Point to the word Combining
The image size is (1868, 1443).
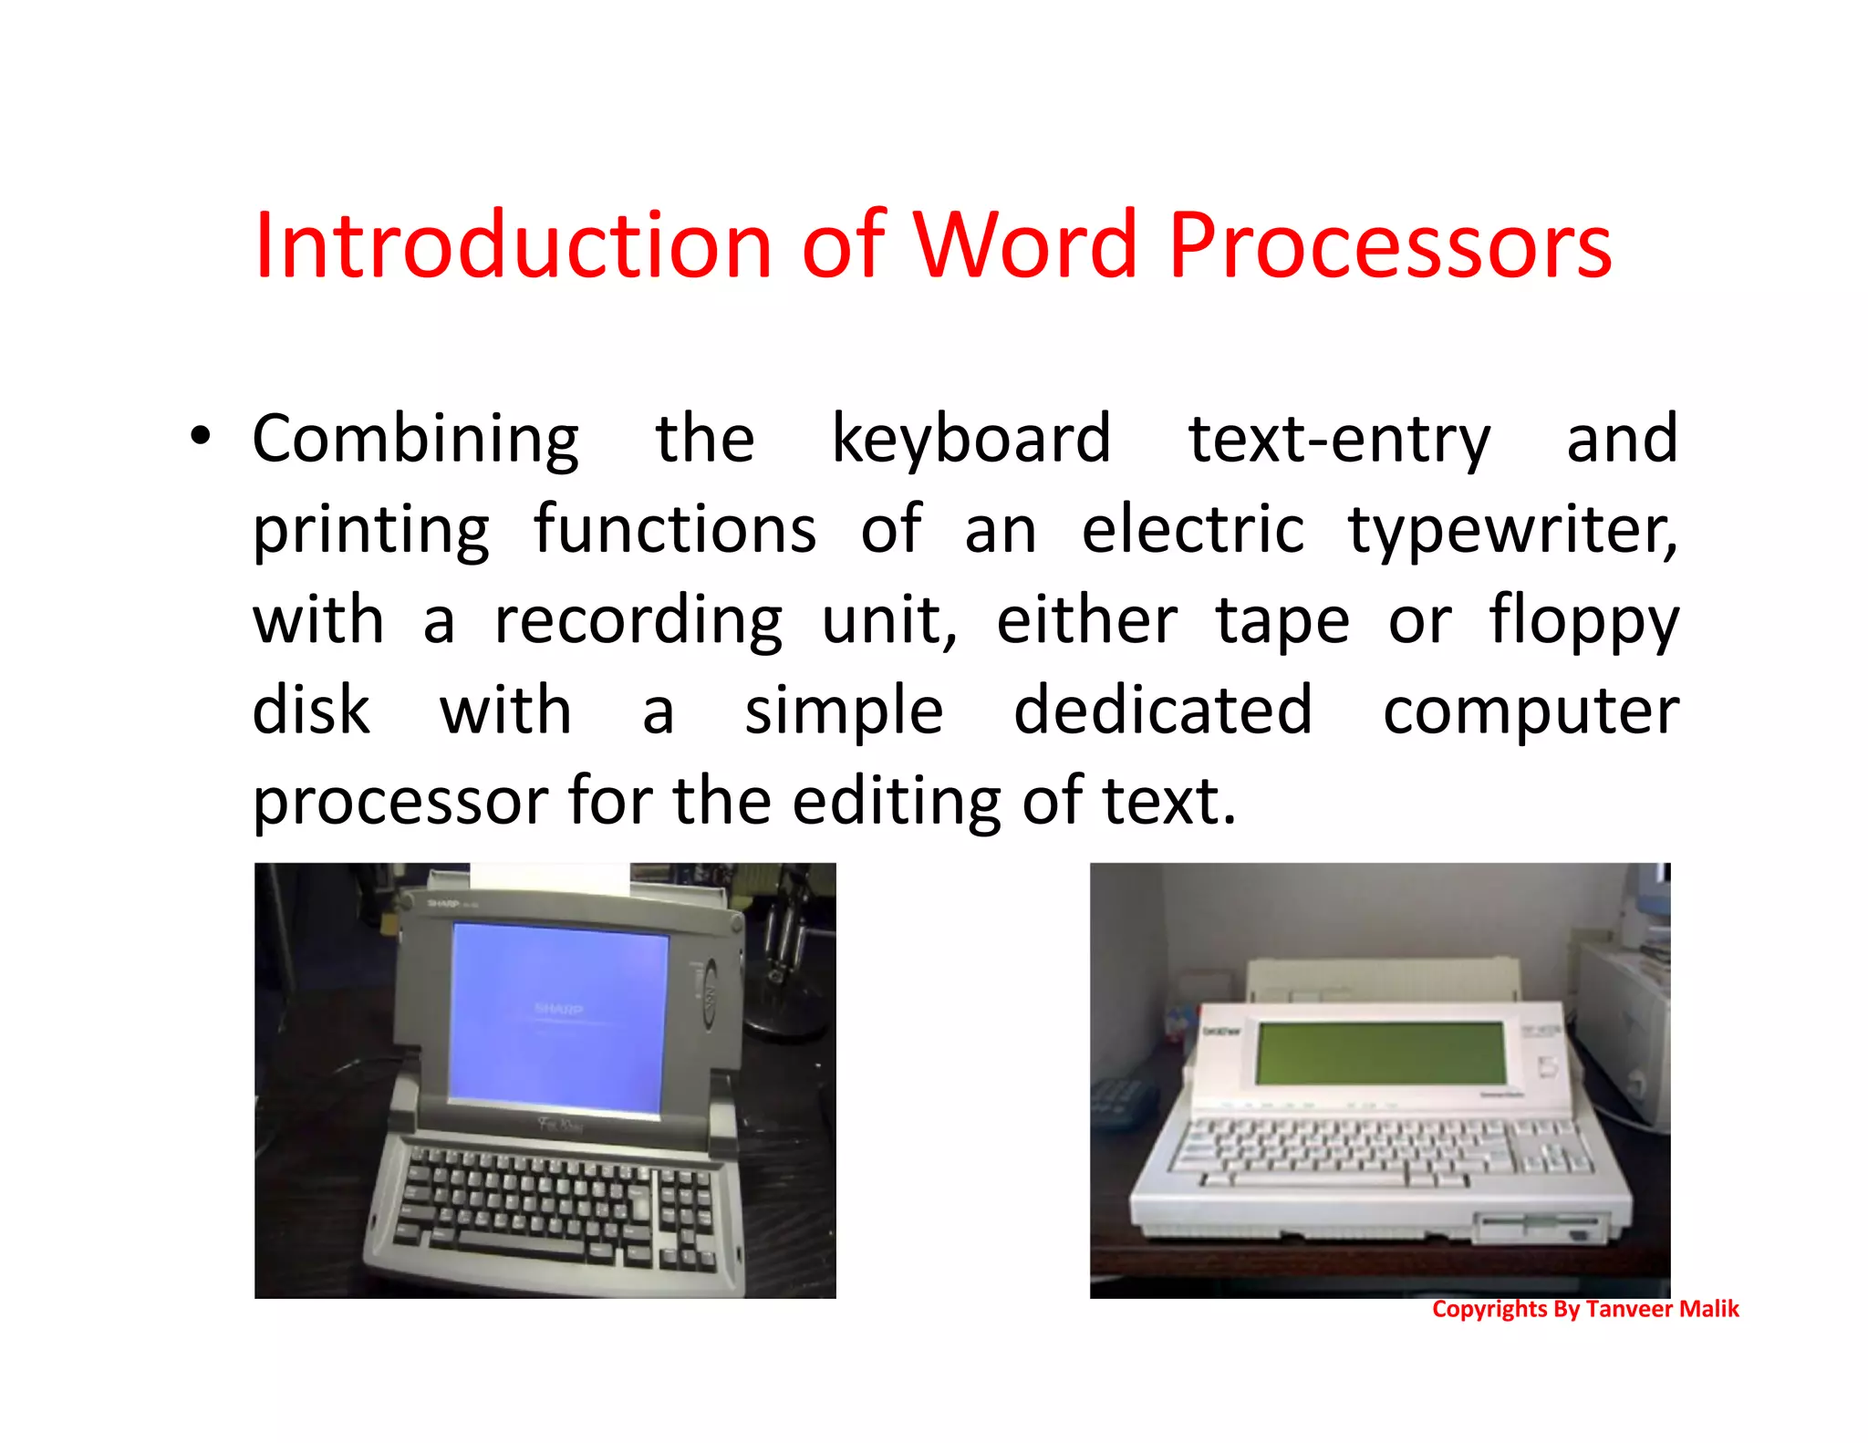coord(415,441)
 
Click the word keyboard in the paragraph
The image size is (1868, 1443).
coord(970,441)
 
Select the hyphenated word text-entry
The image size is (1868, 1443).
coord(1338,441)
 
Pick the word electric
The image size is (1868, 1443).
coord(1192,530)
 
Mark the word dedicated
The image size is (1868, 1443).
coord(1162,711)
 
